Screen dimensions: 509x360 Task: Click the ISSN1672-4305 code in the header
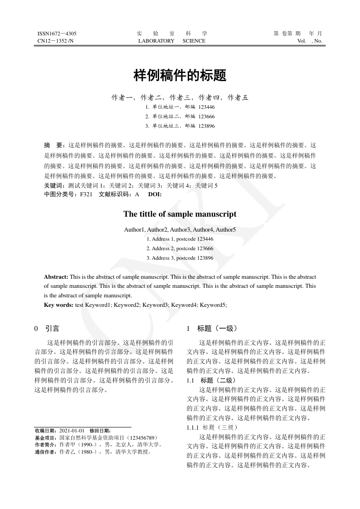pos(57,34)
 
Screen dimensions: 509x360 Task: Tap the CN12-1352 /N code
pos(55,41)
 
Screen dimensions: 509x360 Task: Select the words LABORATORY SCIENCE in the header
pos(172,41)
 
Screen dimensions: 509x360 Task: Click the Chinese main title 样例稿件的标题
pos(180,76)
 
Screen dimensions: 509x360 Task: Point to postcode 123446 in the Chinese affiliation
pos(206,107)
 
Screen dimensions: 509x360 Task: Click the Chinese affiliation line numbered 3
pos(180,126)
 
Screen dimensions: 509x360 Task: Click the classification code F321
pos(86,194)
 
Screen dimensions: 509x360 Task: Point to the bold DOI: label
pos(155,194)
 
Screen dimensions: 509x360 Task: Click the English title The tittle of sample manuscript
pos(180,214)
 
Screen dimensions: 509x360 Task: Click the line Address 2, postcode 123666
pos(180,248)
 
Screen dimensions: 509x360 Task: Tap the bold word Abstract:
pos(56,276)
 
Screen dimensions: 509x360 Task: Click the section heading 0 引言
pos(47,328)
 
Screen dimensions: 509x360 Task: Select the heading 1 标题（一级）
pos(211,328)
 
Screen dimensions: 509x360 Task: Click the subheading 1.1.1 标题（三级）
pos(212,427)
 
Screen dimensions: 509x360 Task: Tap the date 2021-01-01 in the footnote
pos(72,430)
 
